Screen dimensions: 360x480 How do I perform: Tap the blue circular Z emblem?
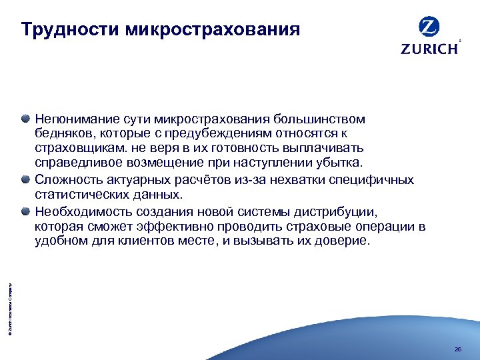tap(429, 27)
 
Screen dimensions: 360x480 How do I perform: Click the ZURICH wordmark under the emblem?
tap(429, 49)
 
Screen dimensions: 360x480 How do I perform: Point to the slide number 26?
tap(457, 349)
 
